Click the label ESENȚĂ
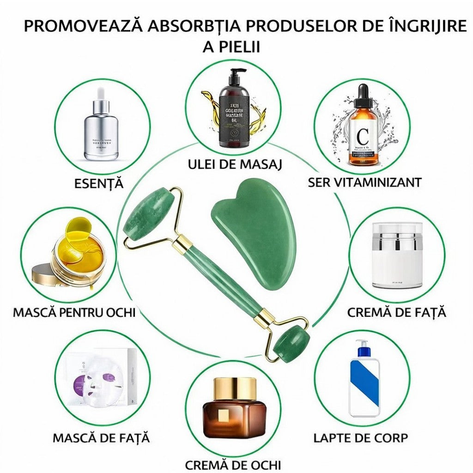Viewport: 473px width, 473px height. pos(99,183)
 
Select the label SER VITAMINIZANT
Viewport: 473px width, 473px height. pos(364,182)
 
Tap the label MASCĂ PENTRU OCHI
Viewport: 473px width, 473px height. pos(74,312)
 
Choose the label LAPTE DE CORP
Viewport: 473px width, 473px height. pos(361,437)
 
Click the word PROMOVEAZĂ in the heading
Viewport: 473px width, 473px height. pos(85,26)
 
